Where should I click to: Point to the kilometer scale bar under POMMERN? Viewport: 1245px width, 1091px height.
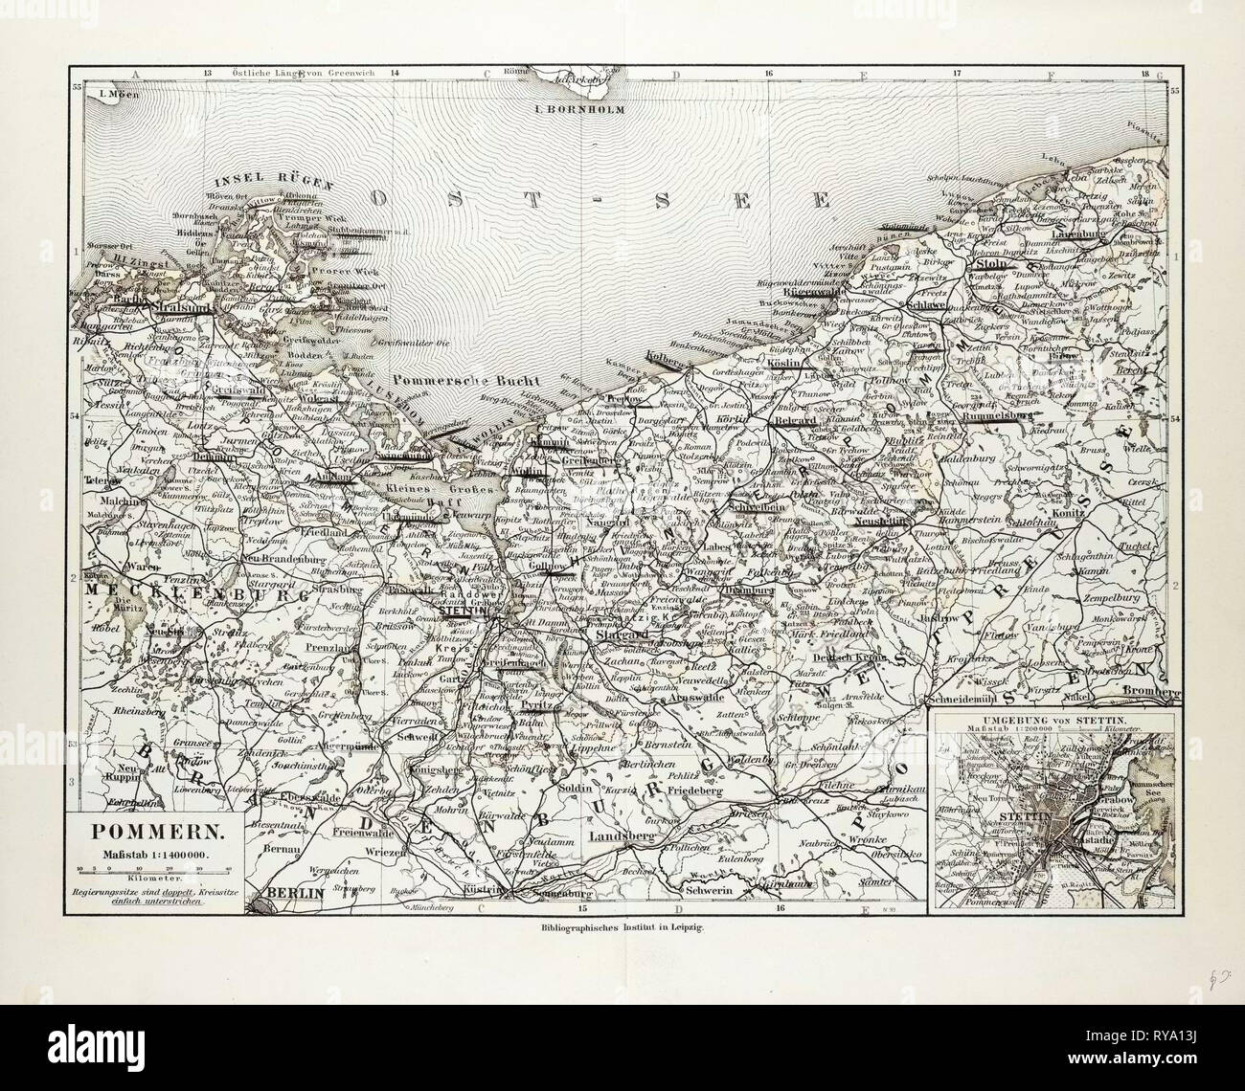coord(154,869)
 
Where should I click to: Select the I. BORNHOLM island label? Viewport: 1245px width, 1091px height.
coord(578,109)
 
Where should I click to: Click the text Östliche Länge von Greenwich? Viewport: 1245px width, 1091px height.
coord(284,73)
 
